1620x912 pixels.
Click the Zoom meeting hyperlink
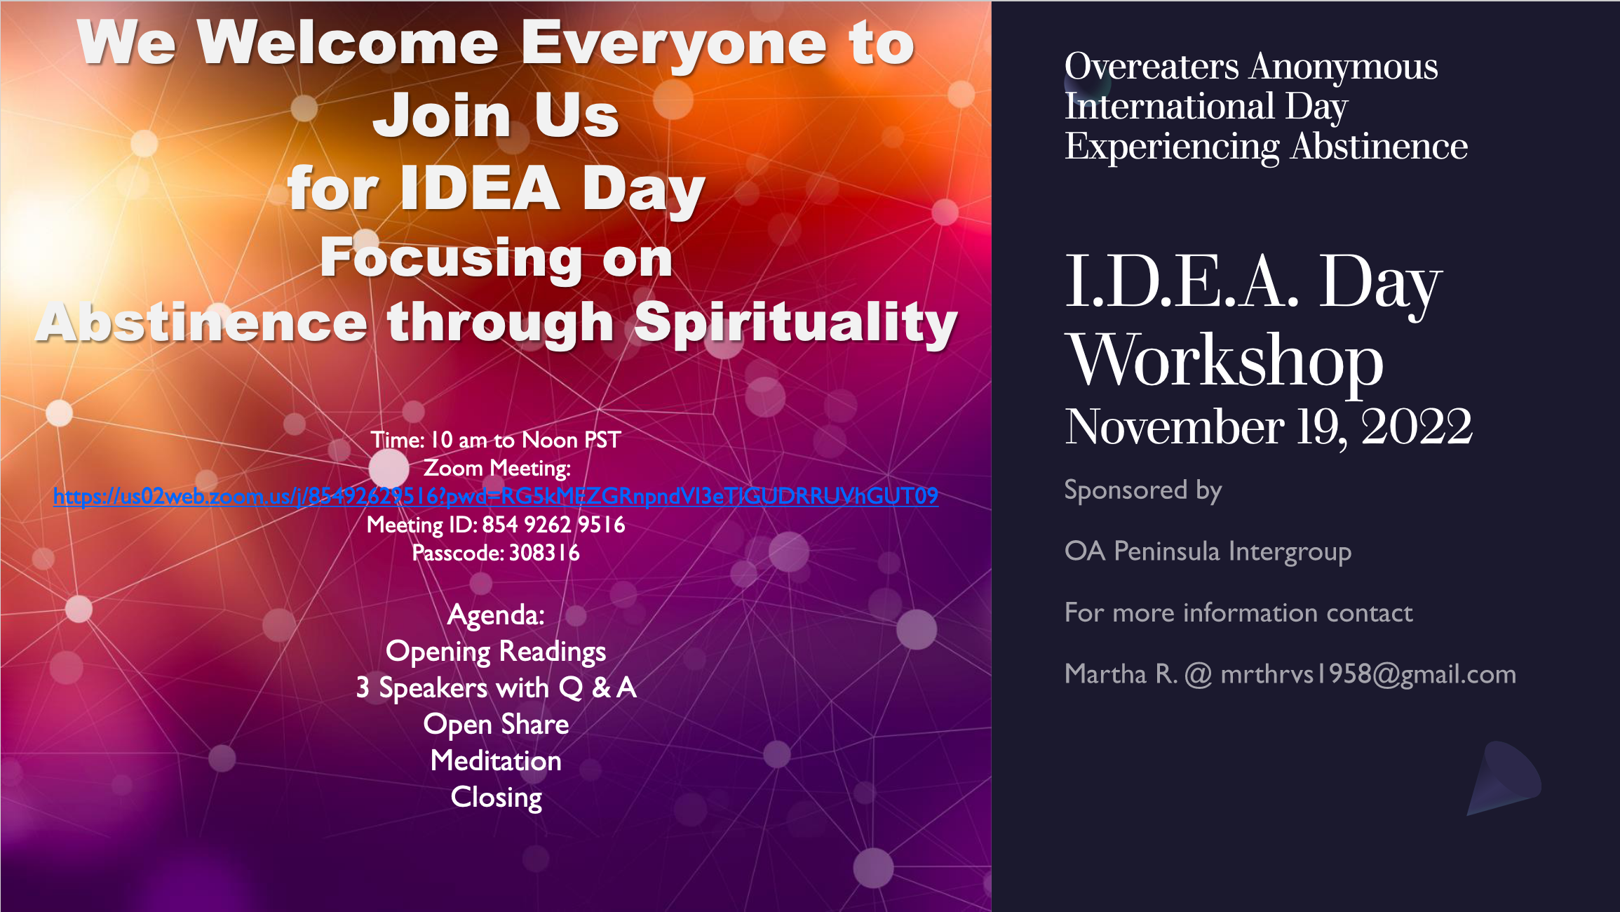[x=496, y=497]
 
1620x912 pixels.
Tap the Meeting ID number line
[x=496, y=525]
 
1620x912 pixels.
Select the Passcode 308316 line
[x=496, y=553]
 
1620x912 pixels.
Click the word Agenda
[x=496, y=615]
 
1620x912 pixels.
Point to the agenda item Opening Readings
[x=496, y=652]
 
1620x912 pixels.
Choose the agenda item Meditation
[x=496, y=761]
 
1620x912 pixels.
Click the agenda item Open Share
[x=496, y=725]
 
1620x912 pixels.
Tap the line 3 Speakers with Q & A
[x=496, y=688]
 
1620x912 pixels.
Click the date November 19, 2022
[x=1268, y=427]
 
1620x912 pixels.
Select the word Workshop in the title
[x=1224, y=360]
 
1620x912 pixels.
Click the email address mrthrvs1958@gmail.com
[x=1368, y=674]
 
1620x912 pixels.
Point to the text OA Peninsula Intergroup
[x=1208, y=552]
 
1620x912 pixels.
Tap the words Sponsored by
[x=1143, y=490]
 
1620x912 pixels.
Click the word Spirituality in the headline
[x=796, y=323]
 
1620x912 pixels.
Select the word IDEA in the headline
[x=480, y=188]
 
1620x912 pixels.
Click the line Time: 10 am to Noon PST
[x=496, y=440]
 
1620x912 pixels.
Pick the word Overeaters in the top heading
[x=1152, y=67]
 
